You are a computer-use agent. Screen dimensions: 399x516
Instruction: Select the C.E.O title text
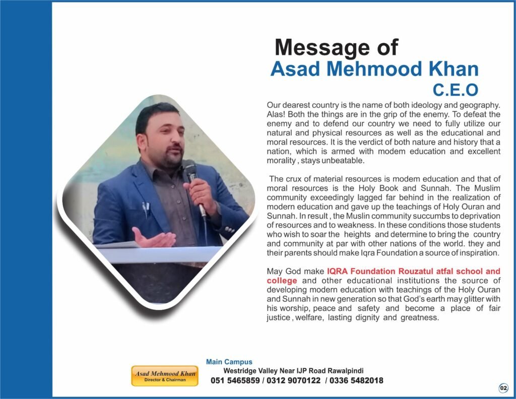[x=455, y=90]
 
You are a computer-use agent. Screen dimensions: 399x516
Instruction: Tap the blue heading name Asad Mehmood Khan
[x=374, y=69]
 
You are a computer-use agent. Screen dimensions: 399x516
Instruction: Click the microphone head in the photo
[x=189, y=169]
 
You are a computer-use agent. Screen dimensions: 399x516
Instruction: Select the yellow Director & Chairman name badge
[x=164, y=376]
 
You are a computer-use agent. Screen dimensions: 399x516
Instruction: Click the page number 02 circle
[x=503, y=387]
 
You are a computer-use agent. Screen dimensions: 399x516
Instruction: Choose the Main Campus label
[x=229, y=362]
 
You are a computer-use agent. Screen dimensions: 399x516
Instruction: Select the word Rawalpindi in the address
[x=346, y=371]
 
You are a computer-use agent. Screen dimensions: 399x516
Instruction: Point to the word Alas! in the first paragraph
[x=276, y=114]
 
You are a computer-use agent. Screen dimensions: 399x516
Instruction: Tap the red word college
[x=282, y=280]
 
